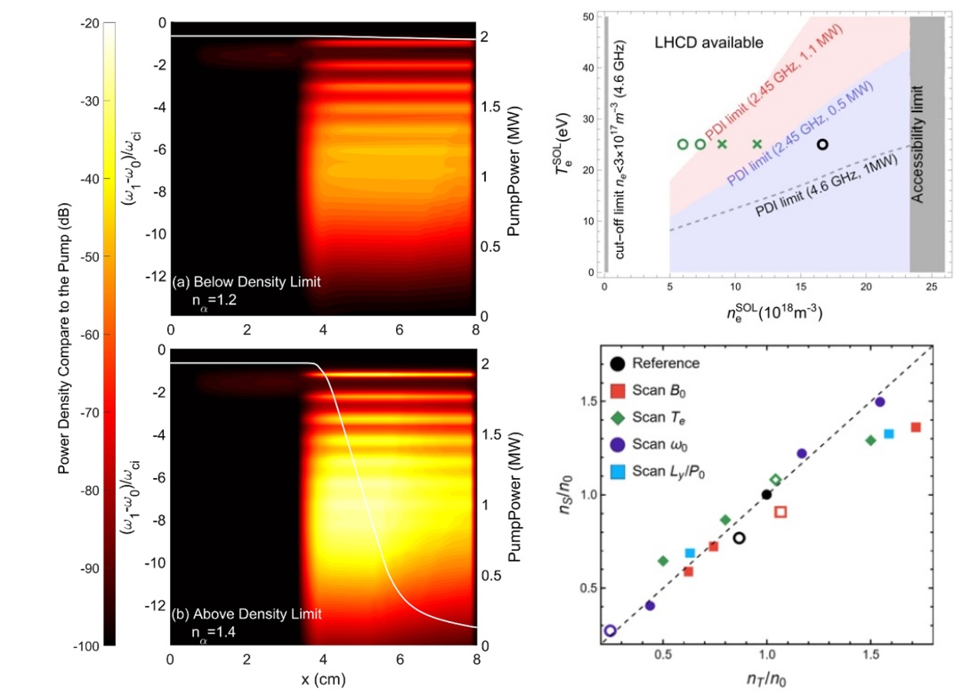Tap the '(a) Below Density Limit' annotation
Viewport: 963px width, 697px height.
click(x=247, y=281)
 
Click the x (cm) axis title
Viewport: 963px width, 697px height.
click(x=323, y=678)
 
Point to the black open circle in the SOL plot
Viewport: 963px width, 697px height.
click(x=822, y=144)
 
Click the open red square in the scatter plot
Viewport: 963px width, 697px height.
click(x=781, y=512)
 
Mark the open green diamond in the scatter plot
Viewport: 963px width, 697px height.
click(x=774, y=480)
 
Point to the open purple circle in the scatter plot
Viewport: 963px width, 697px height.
click(x=610, y=630)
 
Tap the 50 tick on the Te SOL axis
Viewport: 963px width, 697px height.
click(x=587, y=17)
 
